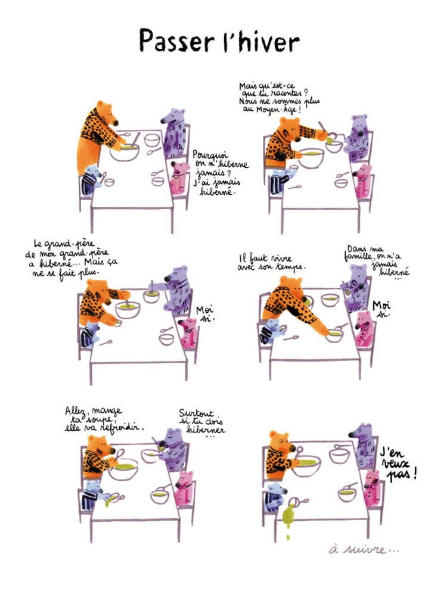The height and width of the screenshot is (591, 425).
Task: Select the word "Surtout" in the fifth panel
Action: (196, 413)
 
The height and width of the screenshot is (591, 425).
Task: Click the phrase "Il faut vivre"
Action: (265, 259)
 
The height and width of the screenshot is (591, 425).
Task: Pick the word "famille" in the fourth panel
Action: (358, 257)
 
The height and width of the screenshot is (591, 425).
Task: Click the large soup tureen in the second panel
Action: (311, 157)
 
